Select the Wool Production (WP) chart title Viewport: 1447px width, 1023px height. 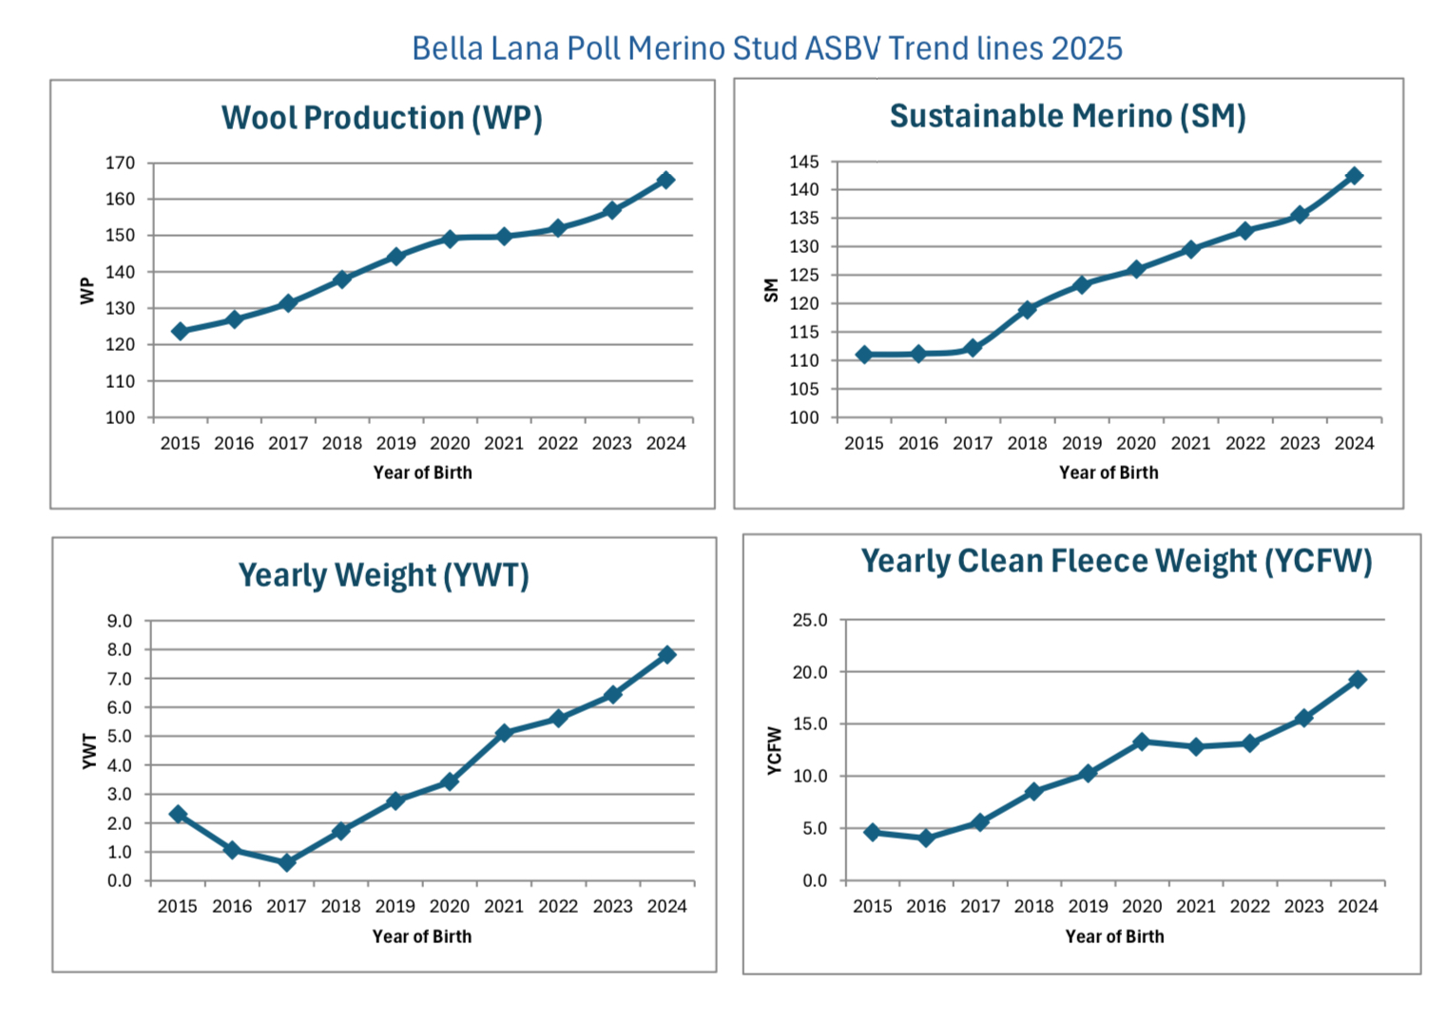[382, 118]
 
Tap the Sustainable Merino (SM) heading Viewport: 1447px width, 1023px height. [1068, 116]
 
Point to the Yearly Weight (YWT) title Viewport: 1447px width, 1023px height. [383, 575]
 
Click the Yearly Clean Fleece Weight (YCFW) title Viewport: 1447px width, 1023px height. [1116, 561]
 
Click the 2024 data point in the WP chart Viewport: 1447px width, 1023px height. [666, 180]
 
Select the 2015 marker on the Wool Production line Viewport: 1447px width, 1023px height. [180, 331]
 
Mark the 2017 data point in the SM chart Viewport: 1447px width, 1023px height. [973, 348]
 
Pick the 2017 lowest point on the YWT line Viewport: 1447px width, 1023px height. [287, 862]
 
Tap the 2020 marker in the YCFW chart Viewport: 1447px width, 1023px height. [1142, 742]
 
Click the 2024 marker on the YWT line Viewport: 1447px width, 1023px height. [666, 654]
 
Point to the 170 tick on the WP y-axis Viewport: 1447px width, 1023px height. [120, 164]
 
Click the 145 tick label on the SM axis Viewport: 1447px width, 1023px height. [803, 162]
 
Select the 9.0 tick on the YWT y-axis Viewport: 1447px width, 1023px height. [120, 621]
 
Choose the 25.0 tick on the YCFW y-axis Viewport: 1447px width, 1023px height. [810, 620]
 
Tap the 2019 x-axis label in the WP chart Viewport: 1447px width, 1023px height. [396, 443]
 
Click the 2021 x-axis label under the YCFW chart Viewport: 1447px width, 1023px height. [1196, 906]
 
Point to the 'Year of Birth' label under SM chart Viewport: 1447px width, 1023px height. [1109, 473]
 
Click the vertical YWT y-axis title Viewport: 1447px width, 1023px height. [89, 751]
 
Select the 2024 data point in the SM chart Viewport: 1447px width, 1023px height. [1354, 176]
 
